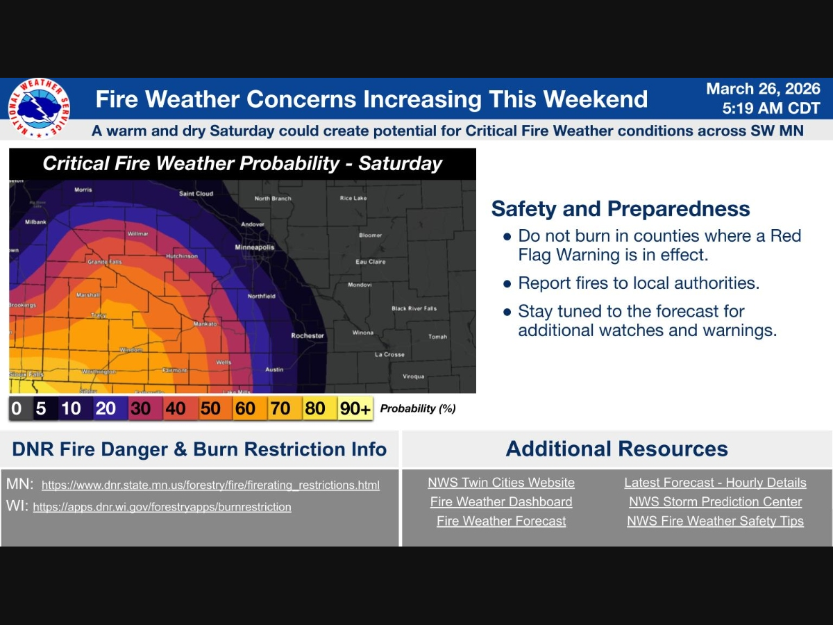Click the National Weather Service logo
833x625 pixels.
pos(39,108)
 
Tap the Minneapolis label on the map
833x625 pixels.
pos(255,247)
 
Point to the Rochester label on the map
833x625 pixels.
pos(308,335)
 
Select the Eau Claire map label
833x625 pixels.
pos(370,262)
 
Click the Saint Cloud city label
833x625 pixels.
pos(196,194)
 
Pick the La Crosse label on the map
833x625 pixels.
pos(389,355)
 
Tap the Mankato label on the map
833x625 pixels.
pos(205,324)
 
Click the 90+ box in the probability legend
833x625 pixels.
pos(355,409)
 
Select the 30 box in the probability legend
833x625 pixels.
pos(140,409)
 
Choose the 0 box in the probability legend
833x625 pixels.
pos(17,409)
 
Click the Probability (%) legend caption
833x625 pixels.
pos(418,409)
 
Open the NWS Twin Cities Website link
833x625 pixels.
pos(501,483)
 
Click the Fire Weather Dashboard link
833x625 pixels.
pos(501,502)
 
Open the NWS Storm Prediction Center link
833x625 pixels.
pos(715,502)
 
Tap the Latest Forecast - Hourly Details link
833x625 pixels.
pos(715,483)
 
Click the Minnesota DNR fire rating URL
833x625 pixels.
pos(210,485)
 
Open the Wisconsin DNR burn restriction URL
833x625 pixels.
pos(162,507)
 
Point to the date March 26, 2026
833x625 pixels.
pos(763,90)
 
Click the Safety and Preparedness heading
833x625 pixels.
pos(621,209)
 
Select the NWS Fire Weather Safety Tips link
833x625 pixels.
pos(715,522)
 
